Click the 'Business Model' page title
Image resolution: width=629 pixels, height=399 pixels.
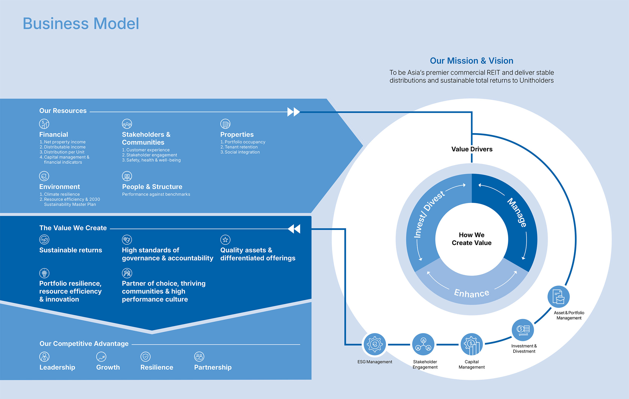click(x=81, y=23)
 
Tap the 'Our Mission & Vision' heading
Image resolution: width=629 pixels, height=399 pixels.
click(x=471, y=61)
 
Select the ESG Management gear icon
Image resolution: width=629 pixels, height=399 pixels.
click(x=375, y=344)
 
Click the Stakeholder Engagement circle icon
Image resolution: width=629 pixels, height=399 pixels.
click(x=423, y=344)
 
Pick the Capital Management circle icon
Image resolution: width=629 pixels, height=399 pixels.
click(x=471, y=344)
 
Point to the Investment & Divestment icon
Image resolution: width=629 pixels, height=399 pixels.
click(x=522, y=330)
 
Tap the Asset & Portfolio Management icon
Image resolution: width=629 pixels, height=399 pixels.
click(x=559, y=297)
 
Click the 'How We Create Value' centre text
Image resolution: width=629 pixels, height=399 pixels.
click(x=471, y=239)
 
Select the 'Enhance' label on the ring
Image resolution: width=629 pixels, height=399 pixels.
click(x=471, y=293)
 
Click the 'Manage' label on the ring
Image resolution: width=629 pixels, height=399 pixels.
click(x=517, y=212)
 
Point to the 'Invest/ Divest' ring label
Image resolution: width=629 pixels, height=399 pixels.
click(x=428, y=214)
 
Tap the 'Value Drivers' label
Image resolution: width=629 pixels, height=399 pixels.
click(x=472, y=149)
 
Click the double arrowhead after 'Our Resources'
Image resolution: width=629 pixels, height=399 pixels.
click(x=294, y=112)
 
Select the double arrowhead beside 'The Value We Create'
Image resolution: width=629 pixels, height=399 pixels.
click(x=294, y=229)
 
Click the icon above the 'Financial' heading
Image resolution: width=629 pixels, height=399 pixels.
click(x=44, y=124)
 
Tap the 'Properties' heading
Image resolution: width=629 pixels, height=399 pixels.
click(x=237, y=135)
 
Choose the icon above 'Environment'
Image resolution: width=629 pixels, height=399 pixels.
click(x=44, y=176)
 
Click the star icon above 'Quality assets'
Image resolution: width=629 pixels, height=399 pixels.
click(x=225, y=240)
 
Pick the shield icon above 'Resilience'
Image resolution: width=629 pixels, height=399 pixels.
click(x=145, y=356)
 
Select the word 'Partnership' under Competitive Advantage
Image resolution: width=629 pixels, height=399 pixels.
click(x=213, y=367)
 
